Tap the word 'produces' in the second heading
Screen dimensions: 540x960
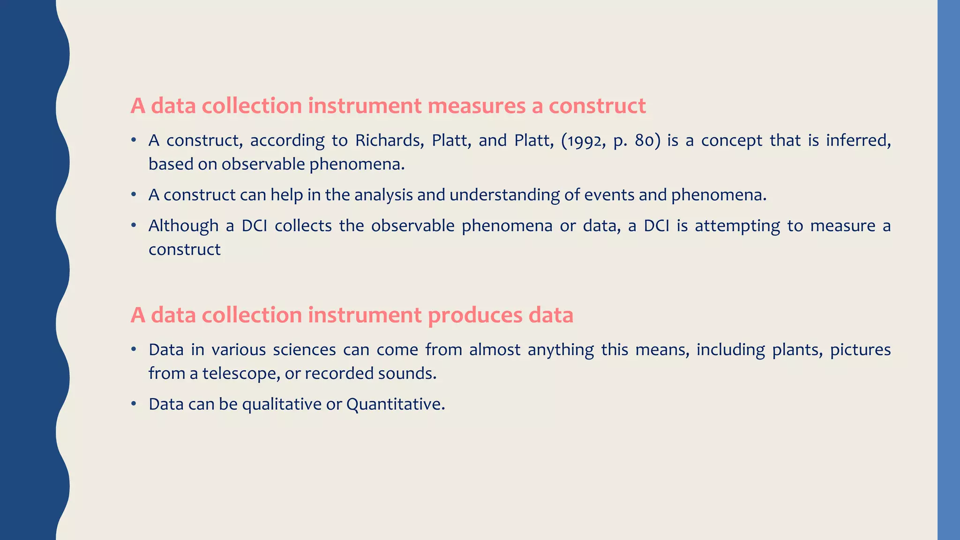click(475, 315)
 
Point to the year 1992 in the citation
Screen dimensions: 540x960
click(578, 141)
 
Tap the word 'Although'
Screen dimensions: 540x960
click(183, 226)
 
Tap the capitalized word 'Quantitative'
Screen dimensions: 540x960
click(395, 404)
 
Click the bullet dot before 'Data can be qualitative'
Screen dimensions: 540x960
click(134, 404)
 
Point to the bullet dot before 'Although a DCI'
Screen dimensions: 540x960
click(134, 225)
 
